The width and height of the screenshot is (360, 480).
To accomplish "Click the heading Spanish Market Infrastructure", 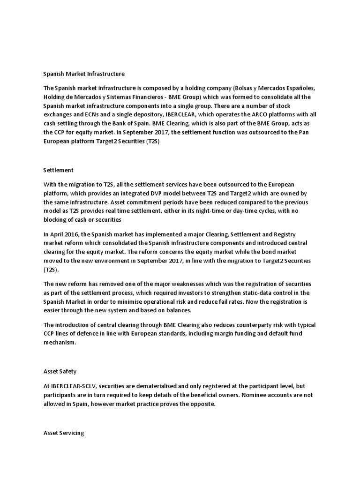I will coord(84,74).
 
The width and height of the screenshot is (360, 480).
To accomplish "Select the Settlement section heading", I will coord(58,170).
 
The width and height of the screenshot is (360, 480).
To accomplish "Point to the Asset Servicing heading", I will coord(63,433).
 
